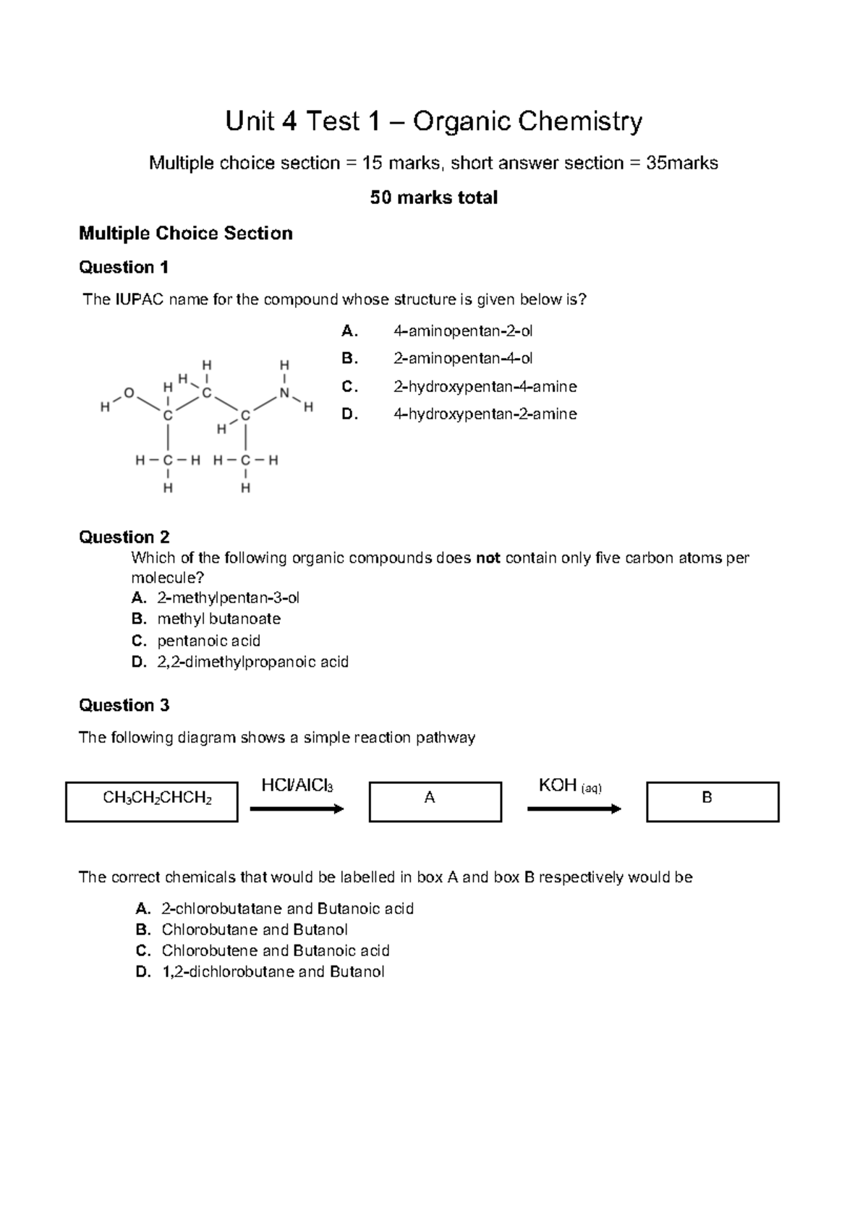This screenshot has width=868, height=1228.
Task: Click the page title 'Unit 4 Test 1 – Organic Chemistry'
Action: pos(433,121)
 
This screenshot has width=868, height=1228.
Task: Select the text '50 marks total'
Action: pos(433,197)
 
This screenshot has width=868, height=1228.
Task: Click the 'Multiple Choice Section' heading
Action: pos(185,233)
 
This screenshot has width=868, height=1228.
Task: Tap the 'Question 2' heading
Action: pos(124,537)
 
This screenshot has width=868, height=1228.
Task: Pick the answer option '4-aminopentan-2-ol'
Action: pos(462,331)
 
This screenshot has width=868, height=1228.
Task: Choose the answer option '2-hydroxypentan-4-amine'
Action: pos(484,387)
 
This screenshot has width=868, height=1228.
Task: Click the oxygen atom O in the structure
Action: pos(129,393)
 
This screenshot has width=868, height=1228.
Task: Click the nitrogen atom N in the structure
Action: pos(284,393)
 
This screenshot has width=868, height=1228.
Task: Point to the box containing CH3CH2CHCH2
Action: pos(151,801)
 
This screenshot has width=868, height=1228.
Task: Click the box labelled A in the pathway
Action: pos(435,801)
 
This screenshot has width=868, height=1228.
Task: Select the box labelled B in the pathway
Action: pos(712,801)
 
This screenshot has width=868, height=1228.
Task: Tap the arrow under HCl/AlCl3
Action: pos(297,809)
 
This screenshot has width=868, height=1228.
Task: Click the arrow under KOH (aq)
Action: pos(574,809)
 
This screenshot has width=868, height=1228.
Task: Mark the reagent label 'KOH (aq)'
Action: pos(570,785)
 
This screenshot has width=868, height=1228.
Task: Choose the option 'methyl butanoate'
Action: pos(218,619)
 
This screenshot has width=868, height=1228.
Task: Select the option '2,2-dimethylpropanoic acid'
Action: pos(252,662)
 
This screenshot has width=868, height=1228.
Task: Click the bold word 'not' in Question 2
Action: pos(488,558)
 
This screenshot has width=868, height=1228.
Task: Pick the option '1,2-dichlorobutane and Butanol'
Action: pos(272,971)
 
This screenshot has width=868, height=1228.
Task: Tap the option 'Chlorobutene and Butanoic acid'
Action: pos(275,950)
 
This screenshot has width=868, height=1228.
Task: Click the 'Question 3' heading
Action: pos(124,705)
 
